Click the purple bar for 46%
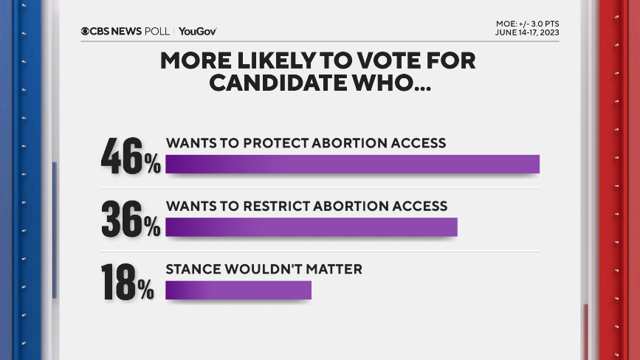click(x=352, y=164)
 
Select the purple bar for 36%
click(x=311, y=226)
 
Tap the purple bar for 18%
click(x=238, y=290)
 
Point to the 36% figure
click(x=131, y=219)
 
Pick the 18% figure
click(x=127, y=283)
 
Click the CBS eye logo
click(x=86, y=31)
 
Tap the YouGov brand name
click(x=197, y=31)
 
